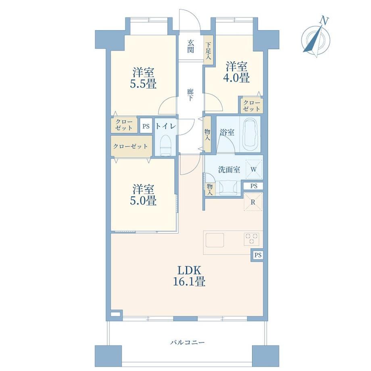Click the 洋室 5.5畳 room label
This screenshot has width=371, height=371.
pos(143,78)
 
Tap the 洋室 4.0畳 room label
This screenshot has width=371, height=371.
pos(236,72)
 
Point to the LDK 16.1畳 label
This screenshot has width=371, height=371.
pos(189,276)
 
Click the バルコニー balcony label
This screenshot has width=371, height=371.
pos(187,342)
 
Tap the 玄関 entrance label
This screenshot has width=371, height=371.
pos(190,46)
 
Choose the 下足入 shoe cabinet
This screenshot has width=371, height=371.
pos(208,50)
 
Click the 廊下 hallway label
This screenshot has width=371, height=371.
pos(190,95)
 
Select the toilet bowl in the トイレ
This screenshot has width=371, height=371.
pos(165,145)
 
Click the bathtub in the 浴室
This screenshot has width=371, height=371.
pos(250,134)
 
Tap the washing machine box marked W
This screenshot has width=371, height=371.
pos(254,169)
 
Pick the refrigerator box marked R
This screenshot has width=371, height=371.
pos(253,202)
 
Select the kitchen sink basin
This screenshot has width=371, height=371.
pos(215,240)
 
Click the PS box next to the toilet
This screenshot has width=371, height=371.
pos(146,126)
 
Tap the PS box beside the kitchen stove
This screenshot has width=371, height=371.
pos(258,255)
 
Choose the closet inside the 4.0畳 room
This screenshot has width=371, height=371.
pos(251,106)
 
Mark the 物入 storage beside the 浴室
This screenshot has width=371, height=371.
pos(208,134)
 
